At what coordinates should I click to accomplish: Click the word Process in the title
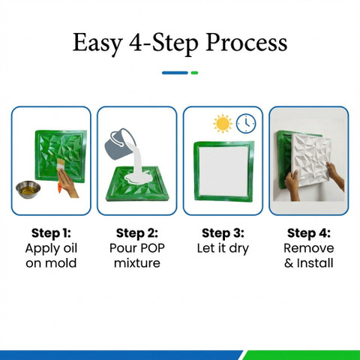[247, 43]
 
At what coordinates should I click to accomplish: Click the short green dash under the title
[194, 73]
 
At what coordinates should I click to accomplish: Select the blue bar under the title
[175, 73]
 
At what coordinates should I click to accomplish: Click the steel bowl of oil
[28, 189]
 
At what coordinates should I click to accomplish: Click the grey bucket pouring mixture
[119, 144]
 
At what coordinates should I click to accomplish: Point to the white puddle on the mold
[138, 178]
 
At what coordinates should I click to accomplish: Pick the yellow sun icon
[223, 124]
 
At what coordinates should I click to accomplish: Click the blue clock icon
[246, 124]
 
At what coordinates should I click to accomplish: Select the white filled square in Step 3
[223, 171]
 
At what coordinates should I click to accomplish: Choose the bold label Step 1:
[51, 233]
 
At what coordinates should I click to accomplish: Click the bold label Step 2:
[137, 233]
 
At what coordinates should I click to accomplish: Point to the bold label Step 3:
[223, 233]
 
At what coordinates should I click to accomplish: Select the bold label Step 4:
[309, 233]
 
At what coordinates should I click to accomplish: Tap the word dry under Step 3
[239, 249]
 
